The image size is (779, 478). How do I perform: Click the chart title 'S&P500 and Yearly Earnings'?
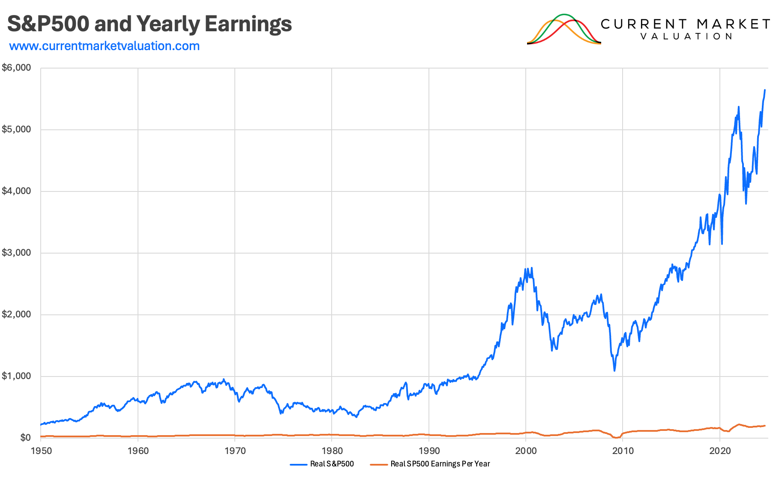tap(150, 24)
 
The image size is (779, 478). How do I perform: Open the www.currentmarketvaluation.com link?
tap(105, 46)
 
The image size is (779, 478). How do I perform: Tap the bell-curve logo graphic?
tap(564, 29)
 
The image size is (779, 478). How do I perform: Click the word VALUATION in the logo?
tap(686, 37)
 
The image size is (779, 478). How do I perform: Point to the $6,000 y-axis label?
tap(17, 68)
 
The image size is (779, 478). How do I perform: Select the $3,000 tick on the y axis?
tap(17, 253)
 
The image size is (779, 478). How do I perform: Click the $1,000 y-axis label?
tap(17, 376)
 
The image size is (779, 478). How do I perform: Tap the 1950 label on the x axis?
tap(41, 451)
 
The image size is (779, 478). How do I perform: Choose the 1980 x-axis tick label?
tap(332, 451)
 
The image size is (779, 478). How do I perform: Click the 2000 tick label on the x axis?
tap(526, 451)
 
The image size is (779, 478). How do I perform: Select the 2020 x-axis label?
tap(720, 451)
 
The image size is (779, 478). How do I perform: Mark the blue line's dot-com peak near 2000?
tap(532, 268)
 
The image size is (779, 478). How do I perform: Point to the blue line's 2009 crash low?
tap(614, 370)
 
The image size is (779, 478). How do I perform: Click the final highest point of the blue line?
tap(765, 90)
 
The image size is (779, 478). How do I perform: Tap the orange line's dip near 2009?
tap(616, 437)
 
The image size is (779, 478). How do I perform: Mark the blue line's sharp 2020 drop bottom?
tap(722, 244)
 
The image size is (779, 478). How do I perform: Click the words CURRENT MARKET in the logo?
tap(685, 24)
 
